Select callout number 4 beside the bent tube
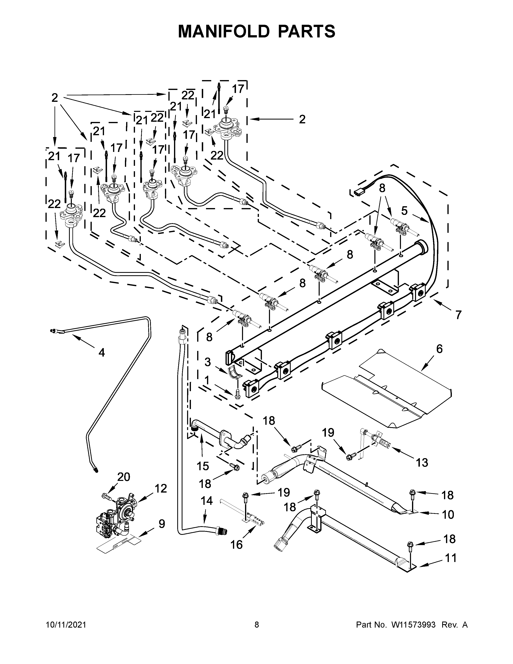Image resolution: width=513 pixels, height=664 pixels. (102, 353)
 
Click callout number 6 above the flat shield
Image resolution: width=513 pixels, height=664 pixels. (439, 349)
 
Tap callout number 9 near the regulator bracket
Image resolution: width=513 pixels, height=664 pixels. (162, 524)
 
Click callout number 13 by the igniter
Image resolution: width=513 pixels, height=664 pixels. (422, 462)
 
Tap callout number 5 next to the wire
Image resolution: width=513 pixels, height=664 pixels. (404, 210)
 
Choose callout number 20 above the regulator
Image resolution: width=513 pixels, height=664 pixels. (124, 477)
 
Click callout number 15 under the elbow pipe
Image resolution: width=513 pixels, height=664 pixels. (203, 466)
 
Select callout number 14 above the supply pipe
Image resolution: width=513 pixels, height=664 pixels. (207, 501)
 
